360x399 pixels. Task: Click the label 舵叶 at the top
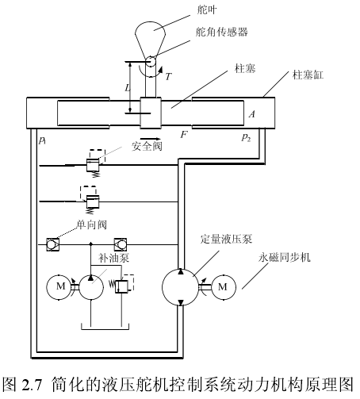coord(207,10)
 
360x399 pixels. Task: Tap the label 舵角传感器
coord(221,32)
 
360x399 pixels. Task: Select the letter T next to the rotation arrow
coord(168,77)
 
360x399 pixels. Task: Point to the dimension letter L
coord(128,87)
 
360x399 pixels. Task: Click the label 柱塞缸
coord(308,75)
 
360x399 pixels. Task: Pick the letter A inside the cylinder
coord(252,114)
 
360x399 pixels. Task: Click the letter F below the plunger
coord(184,135)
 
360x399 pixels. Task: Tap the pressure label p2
coord(246,137)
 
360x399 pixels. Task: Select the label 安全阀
coord(147,146)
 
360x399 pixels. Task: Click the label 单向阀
coord(92,224)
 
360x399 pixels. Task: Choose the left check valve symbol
coord(52,244)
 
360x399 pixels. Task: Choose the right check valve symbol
coord(121,244)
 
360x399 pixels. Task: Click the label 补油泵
coord(113,258)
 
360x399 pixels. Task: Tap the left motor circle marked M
coord(59,287)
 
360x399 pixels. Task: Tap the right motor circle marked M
coord(224,287)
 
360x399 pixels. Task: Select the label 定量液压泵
coord(226,239)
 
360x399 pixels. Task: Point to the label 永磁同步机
coord(285,257)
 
